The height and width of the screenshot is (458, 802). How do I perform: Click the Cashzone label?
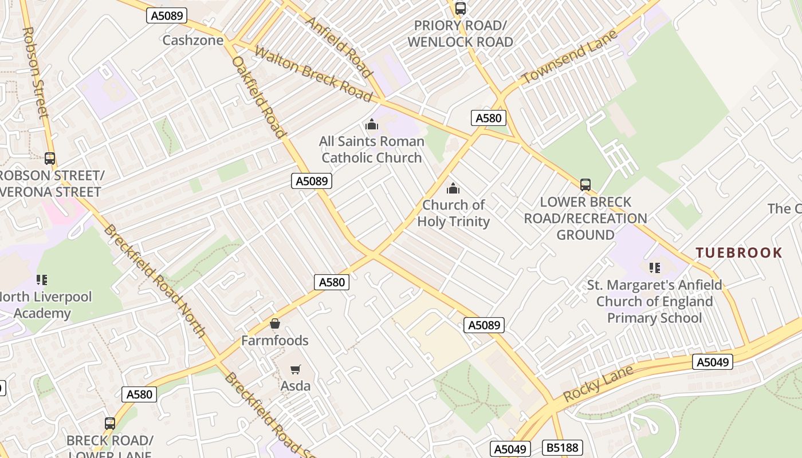click(192, 40)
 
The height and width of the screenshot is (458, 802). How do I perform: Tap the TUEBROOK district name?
click(738, 252)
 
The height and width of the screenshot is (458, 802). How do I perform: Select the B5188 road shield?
click(562, 448)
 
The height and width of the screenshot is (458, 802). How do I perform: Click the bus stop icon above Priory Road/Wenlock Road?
click(460, 9)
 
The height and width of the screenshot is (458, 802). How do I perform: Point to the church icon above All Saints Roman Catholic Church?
click(372, 124)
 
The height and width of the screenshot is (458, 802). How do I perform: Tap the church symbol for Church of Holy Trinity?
click(453, 188)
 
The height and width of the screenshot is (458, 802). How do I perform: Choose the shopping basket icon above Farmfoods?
click(275, 324)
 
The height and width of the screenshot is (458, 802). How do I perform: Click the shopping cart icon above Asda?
click(295, 370)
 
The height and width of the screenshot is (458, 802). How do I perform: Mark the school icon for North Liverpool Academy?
click(42, 280)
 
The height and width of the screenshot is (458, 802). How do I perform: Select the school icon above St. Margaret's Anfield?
click(654, 268)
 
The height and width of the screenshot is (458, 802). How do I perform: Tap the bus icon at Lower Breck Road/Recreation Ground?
click(585, 185)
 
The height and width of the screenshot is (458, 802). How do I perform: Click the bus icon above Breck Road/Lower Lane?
click(109, 424)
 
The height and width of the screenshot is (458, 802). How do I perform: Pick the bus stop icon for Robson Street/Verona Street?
click(50, 159)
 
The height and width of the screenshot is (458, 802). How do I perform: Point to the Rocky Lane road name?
click(598, 384)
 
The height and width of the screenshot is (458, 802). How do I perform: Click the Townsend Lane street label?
click(569, 57)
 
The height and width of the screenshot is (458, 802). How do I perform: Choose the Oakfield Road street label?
click(258, 97)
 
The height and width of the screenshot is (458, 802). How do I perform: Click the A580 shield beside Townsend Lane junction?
click(488, 118)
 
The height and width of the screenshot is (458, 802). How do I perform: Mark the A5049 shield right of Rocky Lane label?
click(713, 362)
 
